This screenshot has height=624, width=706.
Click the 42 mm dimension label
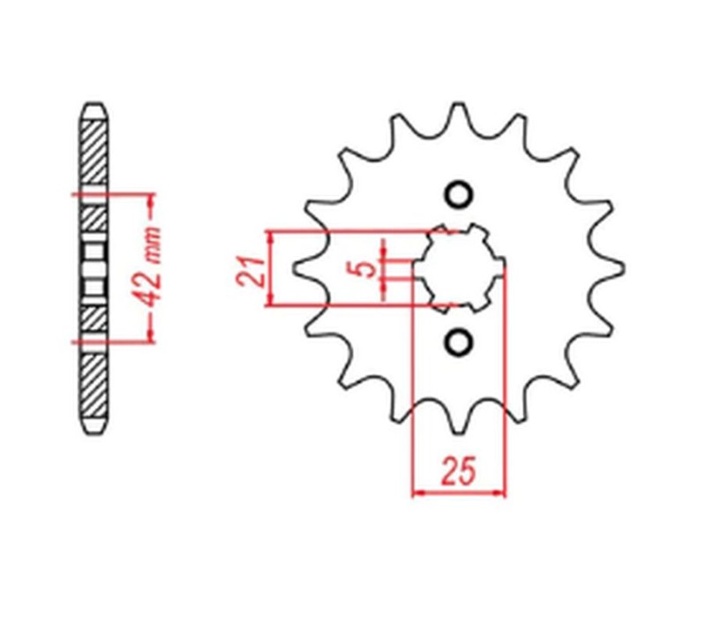pyautogui.click(x=151, y=266)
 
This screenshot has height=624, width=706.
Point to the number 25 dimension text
pyautogui.click(x=459, y=472)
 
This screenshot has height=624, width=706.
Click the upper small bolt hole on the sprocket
pyautogui.click(x=458, y=195)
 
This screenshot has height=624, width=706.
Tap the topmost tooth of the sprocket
pyautogui.click(x=459, y=115)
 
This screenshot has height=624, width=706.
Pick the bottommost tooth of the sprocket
pyautogui.click(x=460, y=422)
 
